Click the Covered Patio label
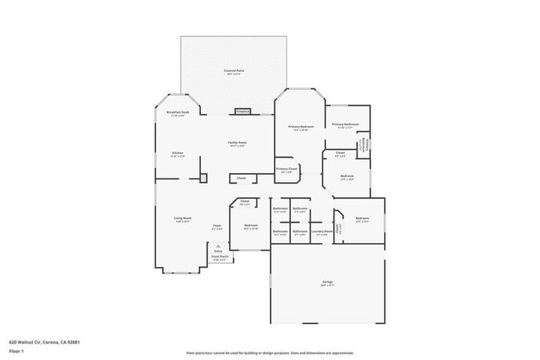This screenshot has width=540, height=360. click(x=234, y=72)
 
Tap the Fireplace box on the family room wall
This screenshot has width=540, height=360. click(x=243, y=112)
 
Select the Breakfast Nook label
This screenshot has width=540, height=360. click(x=178, y=113)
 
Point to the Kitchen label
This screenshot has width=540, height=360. click(x=178, y=154)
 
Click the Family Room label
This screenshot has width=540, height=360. click(x=238, y=143)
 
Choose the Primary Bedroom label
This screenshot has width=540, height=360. click(x=301, y=127)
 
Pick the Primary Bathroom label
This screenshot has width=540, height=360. click(x=346, y=125)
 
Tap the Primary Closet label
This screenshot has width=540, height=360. click(x=286, y=170)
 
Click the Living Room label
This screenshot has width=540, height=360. click(x=183, y=219)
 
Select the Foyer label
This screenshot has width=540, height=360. click(x=217, y=226)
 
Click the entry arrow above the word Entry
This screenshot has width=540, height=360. click(x=218, y=245)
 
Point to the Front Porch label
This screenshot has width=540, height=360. click(x=220, y=257)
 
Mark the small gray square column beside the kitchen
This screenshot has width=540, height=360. click(x=202, y=178)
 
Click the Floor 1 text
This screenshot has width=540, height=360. click(x=17, y=350)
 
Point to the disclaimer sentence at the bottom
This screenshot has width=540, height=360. click(x=269, y=352)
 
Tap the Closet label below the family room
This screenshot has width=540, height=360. click(x=241, y=178)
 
